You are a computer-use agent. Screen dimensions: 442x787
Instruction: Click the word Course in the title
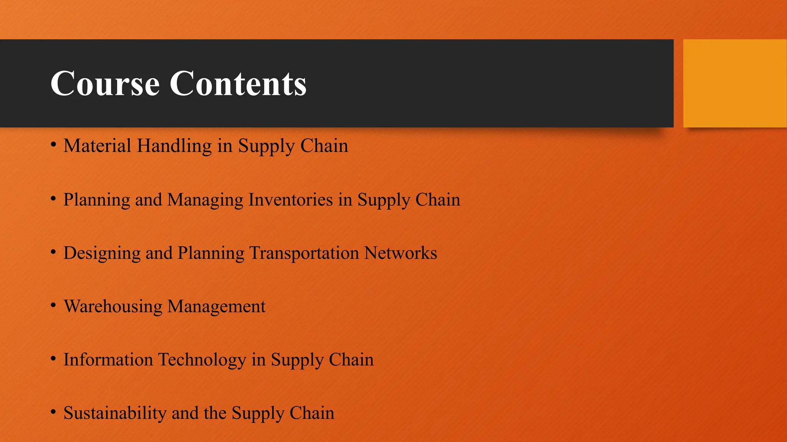(x=105, y=83)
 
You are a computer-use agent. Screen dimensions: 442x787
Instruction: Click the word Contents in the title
(x=238, y=83)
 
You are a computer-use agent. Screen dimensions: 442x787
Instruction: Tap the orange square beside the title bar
(x=734, y=83)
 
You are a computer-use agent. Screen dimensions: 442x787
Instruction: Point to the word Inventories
(x=291, y=200)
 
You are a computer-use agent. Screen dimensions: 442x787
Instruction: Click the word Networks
(x=400, y=253)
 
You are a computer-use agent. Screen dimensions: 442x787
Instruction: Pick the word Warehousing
(x=113, y=307)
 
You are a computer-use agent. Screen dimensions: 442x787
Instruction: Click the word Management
(x=216, y=307)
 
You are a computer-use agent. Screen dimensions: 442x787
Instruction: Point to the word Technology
(x=202, y=360)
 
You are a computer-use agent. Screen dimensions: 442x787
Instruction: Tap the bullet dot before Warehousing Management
(x=54, y=305)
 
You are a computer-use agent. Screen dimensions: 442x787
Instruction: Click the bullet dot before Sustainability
(x=54, y=412)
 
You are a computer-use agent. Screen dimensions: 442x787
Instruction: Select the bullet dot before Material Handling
(x=54, y=145)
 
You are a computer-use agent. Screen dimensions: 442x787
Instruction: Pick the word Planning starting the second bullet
(x=96, y=200)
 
